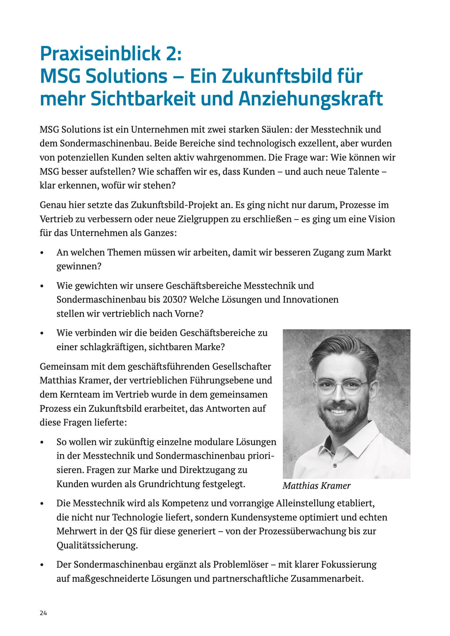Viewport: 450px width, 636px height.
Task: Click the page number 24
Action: (43, 613)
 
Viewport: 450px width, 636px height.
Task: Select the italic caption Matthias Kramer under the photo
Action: (316, 486)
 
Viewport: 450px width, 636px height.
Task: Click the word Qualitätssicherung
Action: (97, 545)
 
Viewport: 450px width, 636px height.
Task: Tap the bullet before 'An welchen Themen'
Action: (42, 253)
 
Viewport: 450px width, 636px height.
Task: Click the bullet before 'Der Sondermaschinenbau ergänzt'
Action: (42, 565)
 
